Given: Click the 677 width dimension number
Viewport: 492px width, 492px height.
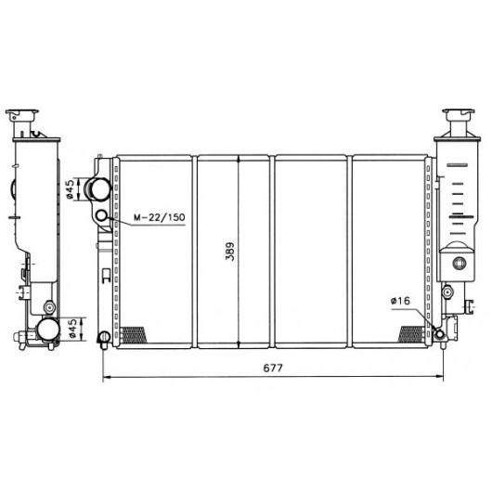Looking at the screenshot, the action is [x=273, y=368].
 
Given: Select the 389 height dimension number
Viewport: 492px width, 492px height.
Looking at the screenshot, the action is [x=230, y=252].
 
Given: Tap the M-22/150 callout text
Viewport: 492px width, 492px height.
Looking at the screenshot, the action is [x=160, y=217].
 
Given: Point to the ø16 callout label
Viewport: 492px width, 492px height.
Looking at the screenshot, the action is [x=400, y=301].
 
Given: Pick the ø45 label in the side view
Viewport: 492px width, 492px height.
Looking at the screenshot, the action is [x=72, y=329].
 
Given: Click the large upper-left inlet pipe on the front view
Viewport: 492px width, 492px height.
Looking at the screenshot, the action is [x=97, y=188].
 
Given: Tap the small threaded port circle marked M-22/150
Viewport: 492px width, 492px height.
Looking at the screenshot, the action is [x=102, y=216].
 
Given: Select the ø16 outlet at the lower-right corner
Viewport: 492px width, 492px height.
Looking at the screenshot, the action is [x=439, y=334].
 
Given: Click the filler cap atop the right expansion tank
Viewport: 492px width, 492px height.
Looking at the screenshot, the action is [x=459, y=112].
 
